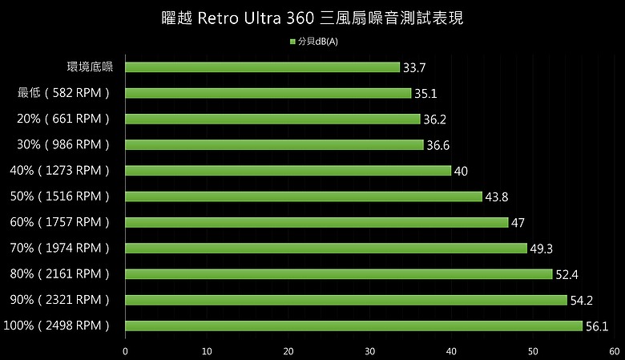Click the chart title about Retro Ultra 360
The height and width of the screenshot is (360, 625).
click(x=312, y=18)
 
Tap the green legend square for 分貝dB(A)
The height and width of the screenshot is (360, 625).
click(x=292, y=42)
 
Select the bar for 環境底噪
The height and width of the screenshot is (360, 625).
click(x=262, y=67)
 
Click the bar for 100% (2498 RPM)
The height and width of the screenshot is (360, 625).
click(x=354, y=326)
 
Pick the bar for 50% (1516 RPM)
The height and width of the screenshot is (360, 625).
click(x=304, y=196)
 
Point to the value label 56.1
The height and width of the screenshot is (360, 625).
click(x=597, y=326)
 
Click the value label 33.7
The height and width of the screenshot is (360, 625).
click(x=414, y=68)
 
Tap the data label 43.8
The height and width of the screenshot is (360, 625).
click(x=497, y=197)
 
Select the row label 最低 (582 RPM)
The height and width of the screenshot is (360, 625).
click(x=63, y=93)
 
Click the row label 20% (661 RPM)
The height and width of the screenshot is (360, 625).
click(x=63, y=119)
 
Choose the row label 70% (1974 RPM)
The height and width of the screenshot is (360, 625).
click(x=59, y=248)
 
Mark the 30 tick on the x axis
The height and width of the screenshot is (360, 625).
click(x=370, y=351)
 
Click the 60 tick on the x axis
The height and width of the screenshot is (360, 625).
click(x=615, y=351)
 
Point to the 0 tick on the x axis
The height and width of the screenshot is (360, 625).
click(x=125, y=351)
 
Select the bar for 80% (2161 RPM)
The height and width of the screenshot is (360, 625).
click(x=339, y=274)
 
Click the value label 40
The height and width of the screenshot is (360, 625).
click(x=461, y=171)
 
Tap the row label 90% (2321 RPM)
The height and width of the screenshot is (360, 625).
click(x=59, y=300)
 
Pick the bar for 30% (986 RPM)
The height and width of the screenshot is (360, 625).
click(x=274, y=144)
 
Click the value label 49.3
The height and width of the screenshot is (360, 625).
click(x=542, y=249)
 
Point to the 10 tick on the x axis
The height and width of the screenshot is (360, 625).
click(x=207, y=351)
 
